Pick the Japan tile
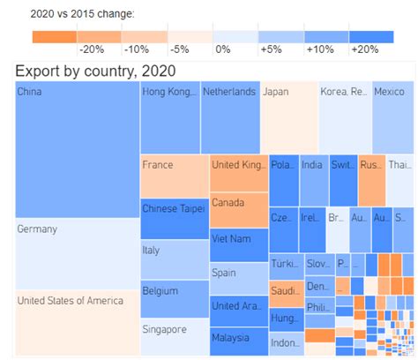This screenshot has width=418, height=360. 288,116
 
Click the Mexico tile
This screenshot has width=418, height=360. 392,116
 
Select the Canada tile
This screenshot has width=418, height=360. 238,210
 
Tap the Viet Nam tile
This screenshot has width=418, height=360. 238,244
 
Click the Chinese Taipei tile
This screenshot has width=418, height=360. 175,217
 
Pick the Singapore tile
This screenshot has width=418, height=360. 175,338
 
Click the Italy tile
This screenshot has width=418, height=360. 175,259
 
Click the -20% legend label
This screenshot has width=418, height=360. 91,51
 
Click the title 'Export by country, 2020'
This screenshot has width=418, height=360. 95,71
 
